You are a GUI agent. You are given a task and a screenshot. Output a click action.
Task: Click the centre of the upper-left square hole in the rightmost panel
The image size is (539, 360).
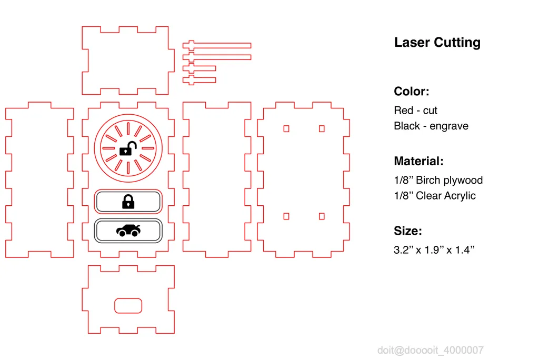tap(286, 128)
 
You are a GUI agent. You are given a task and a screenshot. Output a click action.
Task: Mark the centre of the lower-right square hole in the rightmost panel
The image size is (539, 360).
tap(322, 216)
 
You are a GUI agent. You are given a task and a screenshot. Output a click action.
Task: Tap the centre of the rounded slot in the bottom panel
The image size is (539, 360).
tap(128, 306)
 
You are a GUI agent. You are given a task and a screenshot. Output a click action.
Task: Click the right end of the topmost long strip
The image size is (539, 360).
tap(251, 45)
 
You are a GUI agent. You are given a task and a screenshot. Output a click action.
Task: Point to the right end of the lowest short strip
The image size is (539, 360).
tap(216, 80)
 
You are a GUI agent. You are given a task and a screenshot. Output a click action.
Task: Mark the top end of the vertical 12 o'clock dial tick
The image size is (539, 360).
tap(128, 123)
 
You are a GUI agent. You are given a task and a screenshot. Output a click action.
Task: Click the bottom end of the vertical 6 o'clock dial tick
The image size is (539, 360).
tap(128, 174)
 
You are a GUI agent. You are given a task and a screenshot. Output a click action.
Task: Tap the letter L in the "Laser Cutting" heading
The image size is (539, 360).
tap(398, 42)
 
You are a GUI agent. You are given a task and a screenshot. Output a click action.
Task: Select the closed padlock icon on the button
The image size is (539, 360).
tap(128, 202)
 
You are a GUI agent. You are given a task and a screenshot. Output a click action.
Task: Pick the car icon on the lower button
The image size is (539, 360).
tap(128, 231)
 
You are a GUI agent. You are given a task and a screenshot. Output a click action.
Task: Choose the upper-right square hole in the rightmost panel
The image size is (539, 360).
tap(322, 128)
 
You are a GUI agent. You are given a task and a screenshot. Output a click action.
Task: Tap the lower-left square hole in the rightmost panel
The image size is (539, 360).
tap(286, 216)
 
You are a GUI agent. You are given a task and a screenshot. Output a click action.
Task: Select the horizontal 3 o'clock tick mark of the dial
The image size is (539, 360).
tap(148, 148)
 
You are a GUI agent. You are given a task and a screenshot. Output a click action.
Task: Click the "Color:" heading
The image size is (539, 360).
tap(412, 92)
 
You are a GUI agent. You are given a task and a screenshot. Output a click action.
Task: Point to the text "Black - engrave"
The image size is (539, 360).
tap(431, 126)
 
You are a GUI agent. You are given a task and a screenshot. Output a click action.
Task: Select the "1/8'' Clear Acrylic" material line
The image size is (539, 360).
tap(435, 196)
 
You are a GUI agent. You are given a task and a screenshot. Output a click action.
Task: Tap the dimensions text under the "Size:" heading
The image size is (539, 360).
tap(434, 249)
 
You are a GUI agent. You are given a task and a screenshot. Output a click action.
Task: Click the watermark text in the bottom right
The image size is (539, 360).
tap(431, 350)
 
